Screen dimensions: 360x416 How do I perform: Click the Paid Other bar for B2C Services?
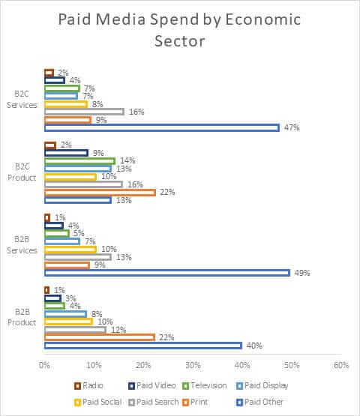point(162,128)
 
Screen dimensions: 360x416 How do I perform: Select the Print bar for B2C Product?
point(100,193)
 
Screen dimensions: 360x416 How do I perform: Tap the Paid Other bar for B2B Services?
point(167,273)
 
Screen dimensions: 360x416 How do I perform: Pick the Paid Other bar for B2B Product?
point(143,346)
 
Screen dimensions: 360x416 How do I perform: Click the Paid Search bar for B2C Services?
point(85,112)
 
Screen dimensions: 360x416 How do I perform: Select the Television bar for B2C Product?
point(80,161)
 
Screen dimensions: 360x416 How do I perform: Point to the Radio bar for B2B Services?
point(47,218)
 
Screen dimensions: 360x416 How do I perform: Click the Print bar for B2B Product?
point(100,337)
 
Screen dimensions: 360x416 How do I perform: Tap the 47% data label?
point(292,128)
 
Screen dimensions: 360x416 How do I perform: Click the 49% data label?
point(302,273)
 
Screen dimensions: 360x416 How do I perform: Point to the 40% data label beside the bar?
point(254,346)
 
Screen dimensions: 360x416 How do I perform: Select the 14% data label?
point(127,160)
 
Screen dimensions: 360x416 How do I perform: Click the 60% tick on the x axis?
point(341,365)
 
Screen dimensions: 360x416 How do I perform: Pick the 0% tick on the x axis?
point(44,365)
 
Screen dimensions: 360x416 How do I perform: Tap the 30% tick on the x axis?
point(193,365)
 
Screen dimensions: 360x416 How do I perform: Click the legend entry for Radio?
point(88,385)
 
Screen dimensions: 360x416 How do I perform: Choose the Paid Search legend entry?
point(154,402)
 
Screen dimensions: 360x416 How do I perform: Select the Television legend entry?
point(205,385)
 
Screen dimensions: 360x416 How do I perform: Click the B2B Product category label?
point(22,317)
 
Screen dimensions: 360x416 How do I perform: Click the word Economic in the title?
point(262,19)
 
